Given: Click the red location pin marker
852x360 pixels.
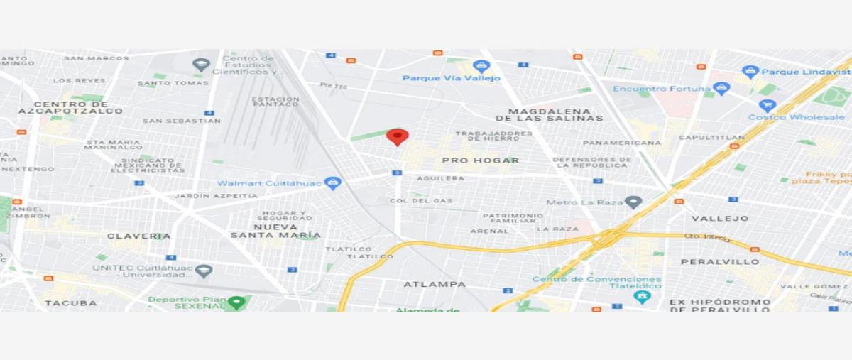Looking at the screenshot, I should [397, 136].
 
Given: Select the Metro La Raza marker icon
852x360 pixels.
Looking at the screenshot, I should [633, 202].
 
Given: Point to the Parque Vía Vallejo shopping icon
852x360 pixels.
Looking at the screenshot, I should [482, 67].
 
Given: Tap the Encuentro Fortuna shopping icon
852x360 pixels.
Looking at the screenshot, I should [722, 89].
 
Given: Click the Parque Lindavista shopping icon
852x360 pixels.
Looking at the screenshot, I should [750, 72].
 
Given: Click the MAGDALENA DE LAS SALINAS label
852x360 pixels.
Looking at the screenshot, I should [550, 114].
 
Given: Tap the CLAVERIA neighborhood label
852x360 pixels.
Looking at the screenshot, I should [139, 236].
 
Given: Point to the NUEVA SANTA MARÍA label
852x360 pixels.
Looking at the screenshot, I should [275, 230].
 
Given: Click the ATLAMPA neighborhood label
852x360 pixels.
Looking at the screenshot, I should [435, 284].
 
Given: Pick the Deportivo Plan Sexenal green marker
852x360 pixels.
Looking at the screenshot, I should [236, 302].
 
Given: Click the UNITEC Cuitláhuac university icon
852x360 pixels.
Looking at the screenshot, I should [204, 271].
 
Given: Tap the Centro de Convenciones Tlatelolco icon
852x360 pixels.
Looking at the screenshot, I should [643, 297].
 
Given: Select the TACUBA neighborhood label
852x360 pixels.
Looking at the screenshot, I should [70, 303].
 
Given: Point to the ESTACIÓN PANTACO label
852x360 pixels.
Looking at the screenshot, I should [275, 102].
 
